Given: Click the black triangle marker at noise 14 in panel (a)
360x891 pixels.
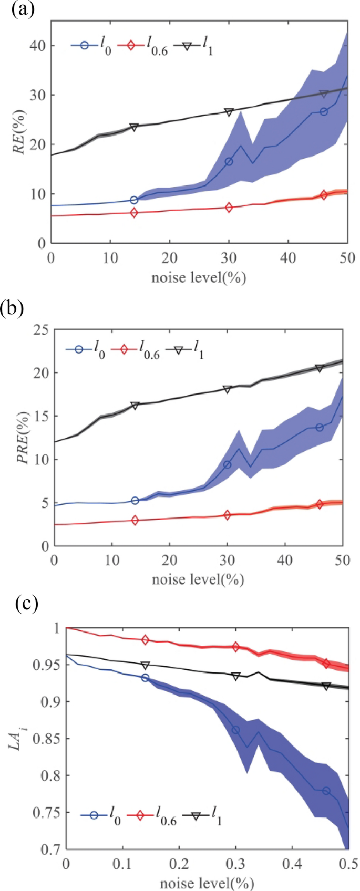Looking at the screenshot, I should point(134,127).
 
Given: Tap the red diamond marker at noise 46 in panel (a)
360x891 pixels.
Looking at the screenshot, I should point(324,195).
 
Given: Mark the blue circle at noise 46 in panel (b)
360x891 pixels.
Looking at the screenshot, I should point(319,427).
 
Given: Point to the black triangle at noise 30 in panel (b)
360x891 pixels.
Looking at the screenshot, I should point(227,389).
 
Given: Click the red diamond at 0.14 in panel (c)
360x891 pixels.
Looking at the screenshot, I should point(146,639).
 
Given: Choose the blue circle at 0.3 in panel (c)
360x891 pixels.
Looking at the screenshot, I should point(236,730).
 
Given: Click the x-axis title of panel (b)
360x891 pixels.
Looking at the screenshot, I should point(199,580).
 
